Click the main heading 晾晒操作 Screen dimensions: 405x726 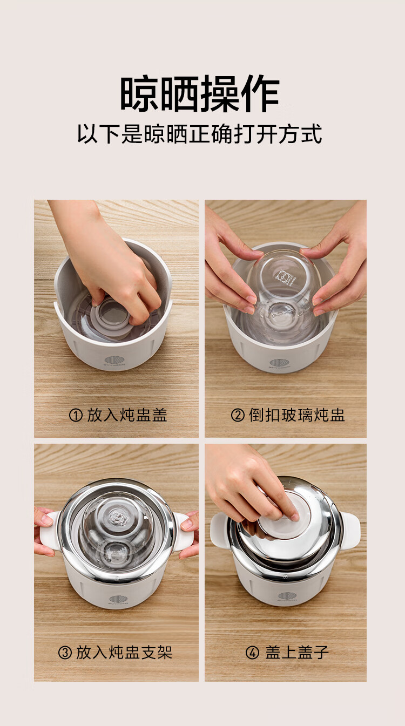click(200, 94)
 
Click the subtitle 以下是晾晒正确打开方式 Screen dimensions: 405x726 click(200, 133)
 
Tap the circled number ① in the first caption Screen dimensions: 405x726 click(76, 415)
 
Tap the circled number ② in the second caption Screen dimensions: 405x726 click(238, 415)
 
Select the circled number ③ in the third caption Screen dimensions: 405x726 click(65, 653)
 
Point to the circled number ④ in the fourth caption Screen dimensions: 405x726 click(252, 653)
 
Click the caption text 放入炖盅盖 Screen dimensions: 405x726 click(127, 415)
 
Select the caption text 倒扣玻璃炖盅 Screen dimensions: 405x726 click(297, 415)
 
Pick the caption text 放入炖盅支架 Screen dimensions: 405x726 click(124, 653)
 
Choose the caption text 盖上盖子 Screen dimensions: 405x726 click(297, 653)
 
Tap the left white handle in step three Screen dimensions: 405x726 click(49, 531)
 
